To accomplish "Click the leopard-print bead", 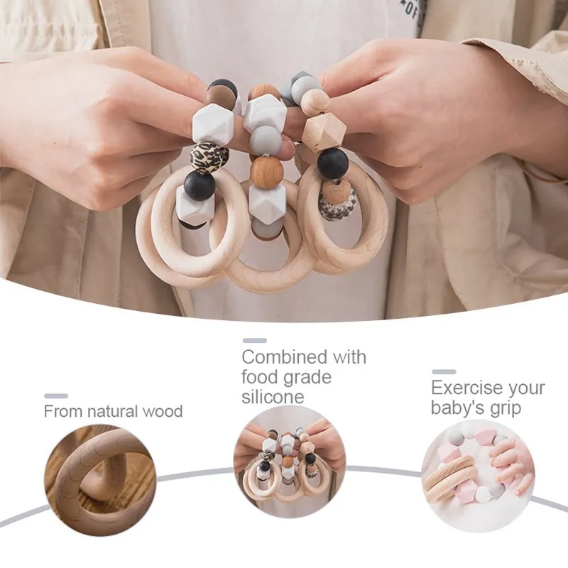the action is click(x=209, y=155).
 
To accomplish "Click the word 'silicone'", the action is click(x=273, y=397).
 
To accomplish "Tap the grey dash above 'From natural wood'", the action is click(x=56, y=396).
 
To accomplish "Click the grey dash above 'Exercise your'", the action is click(x=444, y=371).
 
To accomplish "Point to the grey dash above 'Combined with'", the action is click(x=255, y=341).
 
